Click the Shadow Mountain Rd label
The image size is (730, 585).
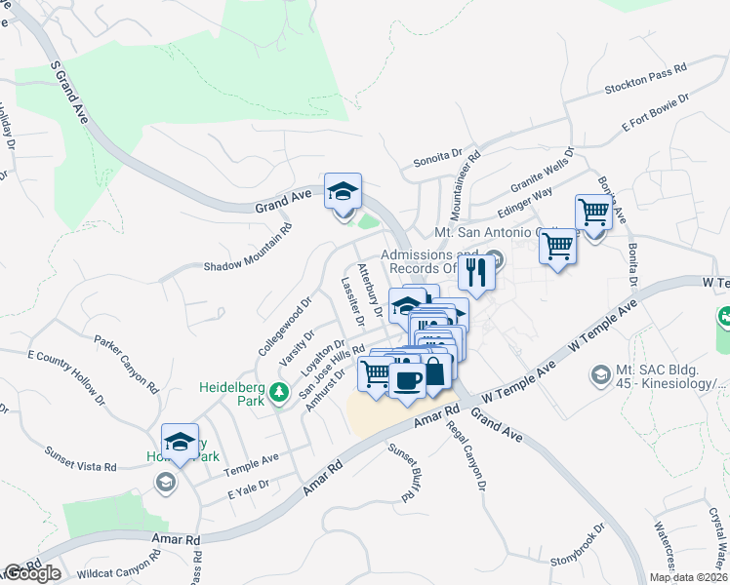247,251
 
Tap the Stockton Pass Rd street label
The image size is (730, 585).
646,77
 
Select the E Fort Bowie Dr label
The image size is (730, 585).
655,112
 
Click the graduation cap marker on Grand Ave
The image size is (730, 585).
343,191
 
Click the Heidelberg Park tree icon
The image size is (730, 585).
279,391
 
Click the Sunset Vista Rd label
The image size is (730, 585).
81,459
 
